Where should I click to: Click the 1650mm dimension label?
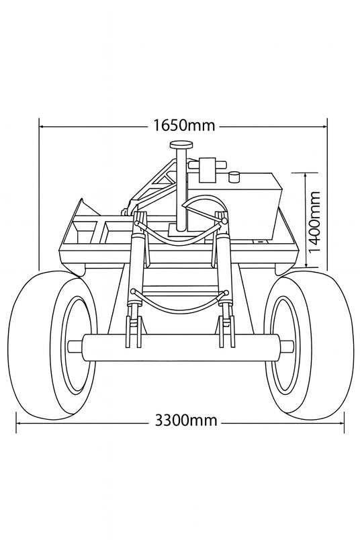pyautogui.click(x=184, y=126)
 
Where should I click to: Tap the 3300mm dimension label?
pyautogui.click(x=186, y=420)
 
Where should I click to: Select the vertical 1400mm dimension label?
pyautogui.click(x=314, y=222)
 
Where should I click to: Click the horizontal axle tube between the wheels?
pyautogui.click(x=181, y=347)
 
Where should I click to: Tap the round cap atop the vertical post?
pyautogui.click(x=181, y=145)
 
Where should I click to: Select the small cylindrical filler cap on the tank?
pyautogui.click(x=235, y=177)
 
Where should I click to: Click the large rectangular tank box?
pyautogui.click(x=234, y=207)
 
